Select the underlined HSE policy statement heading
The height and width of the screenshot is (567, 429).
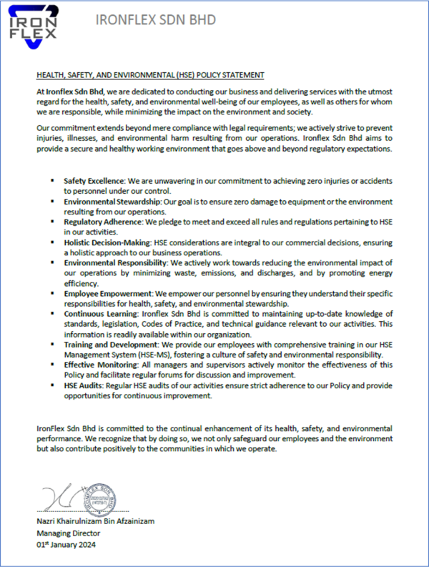pyautogui.click(x=151, y=74)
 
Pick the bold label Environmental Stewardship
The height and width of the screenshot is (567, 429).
pyautogui.click(x=112, y=202)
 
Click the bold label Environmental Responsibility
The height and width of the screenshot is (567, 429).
pyautogui.click(x=114, y=264)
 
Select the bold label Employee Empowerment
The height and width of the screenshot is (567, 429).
pyautogui.click(x=108, y=294)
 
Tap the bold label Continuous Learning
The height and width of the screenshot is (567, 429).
pyautogui.click(x=102, y=315)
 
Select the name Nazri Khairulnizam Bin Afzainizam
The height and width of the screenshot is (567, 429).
pyautogui.click(x=95, y=522)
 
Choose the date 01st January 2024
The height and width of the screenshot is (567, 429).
pyautogui.click(x=65, y=545)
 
